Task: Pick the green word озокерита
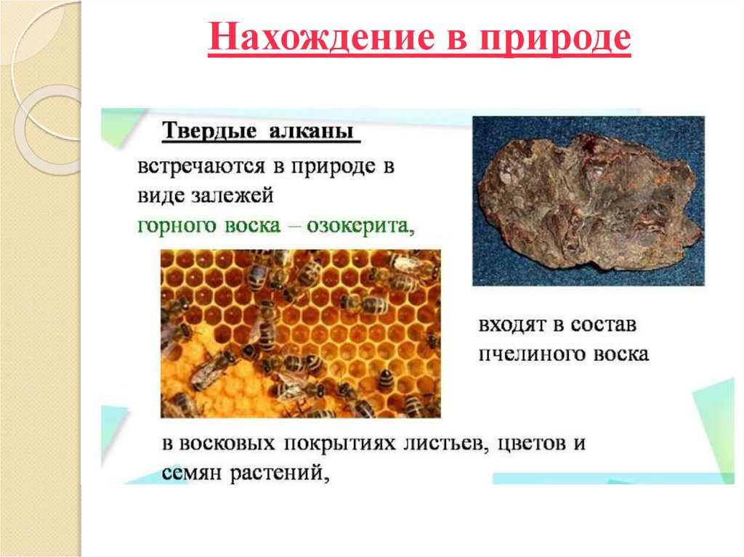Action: [x=358, y=226]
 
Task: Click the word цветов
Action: [x=530, y=444]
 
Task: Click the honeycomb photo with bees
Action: [x=300, y=333]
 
